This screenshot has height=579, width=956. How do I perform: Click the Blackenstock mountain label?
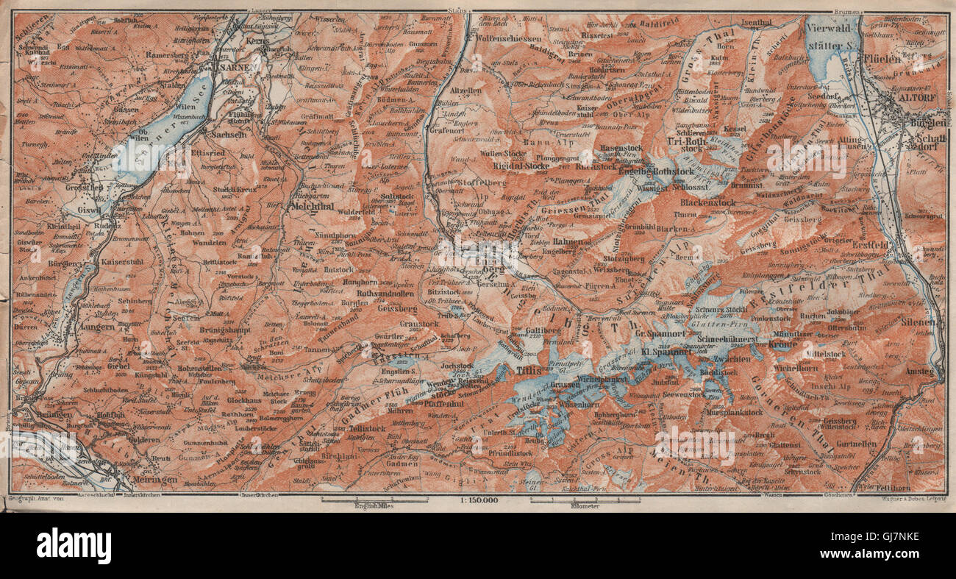click(707, 202)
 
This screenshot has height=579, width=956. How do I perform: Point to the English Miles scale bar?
click(374, 501)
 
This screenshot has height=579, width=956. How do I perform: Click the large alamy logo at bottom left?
click(74, 546)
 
